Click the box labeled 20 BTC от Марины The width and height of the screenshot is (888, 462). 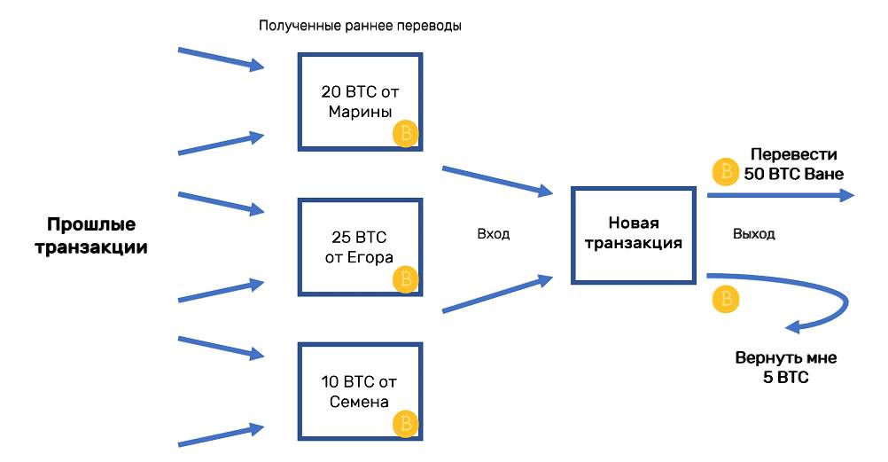tap(360, 100)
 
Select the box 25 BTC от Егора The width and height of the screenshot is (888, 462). tap(360, 246)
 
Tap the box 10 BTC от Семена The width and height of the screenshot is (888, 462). tap(360, 391)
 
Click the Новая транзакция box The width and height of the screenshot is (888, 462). tap(632, 234)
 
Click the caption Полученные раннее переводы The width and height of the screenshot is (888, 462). tap(360, 26)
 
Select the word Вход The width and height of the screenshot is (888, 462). tap(494, 234)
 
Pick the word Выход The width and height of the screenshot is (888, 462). tap(754, 234)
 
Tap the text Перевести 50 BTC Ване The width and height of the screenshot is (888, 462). tap(793, 164)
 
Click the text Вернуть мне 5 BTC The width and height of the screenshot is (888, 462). tap(785, 367)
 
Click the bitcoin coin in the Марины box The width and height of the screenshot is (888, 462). tap(405, 134)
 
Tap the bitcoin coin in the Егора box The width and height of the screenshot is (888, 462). tap(405, 279)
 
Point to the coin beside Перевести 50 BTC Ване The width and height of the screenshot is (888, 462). tap(726, 170)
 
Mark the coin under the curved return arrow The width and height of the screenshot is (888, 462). tap(725, 299)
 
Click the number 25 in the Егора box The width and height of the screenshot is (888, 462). tap(340, 237)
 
